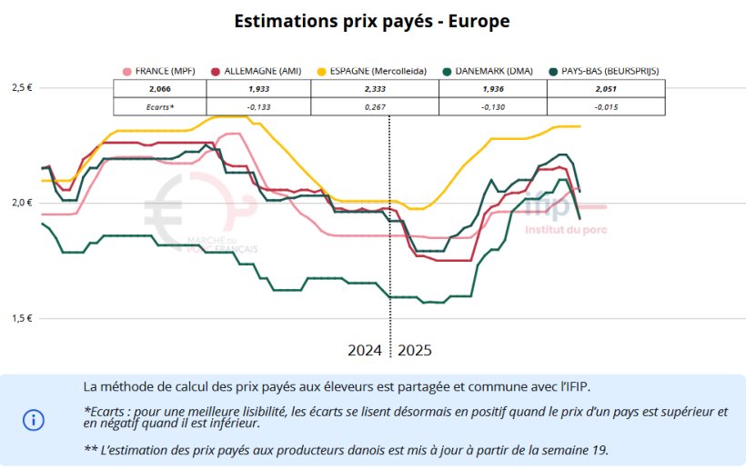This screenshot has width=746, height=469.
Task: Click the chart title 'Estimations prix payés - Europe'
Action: pos(371,21)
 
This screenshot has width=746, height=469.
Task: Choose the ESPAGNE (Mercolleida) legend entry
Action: pos(368,71)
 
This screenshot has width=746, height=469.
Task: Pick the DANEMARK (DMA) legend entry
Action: pos(491,71)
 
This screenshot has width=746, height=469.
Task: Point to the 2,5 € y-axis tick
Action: pos(22,87)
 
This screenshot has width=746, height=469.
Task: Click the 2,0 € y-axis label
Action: pos(22,203)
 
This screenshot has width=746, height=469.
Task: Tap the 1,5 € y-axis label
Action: pos(22,318)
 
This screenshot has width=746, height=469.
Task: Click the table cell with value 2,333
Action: pos(374,89)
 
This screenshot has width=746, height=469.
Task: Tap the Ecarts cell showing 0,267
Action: pos(374,106)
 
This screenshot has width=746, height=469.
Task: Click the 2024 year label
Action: pos(366,350)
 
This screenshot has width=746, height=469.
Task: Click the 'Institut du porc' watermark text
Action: pos(565,229)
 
